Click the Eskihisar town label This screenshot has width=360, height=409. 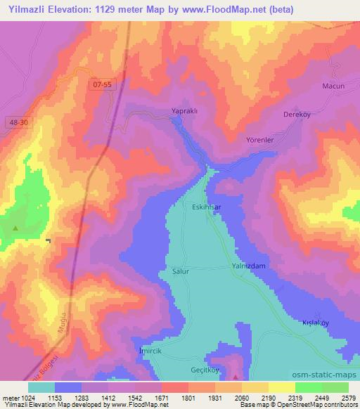coord(207,207)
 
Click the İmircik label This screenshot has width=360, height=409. coord(146,351)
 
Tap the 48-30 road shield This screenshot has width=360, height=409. coord(20,122)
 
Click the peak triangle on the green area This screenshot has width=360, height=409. coord(15,228)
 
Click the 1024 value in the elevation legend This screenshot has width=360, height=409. coord(24,397)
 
